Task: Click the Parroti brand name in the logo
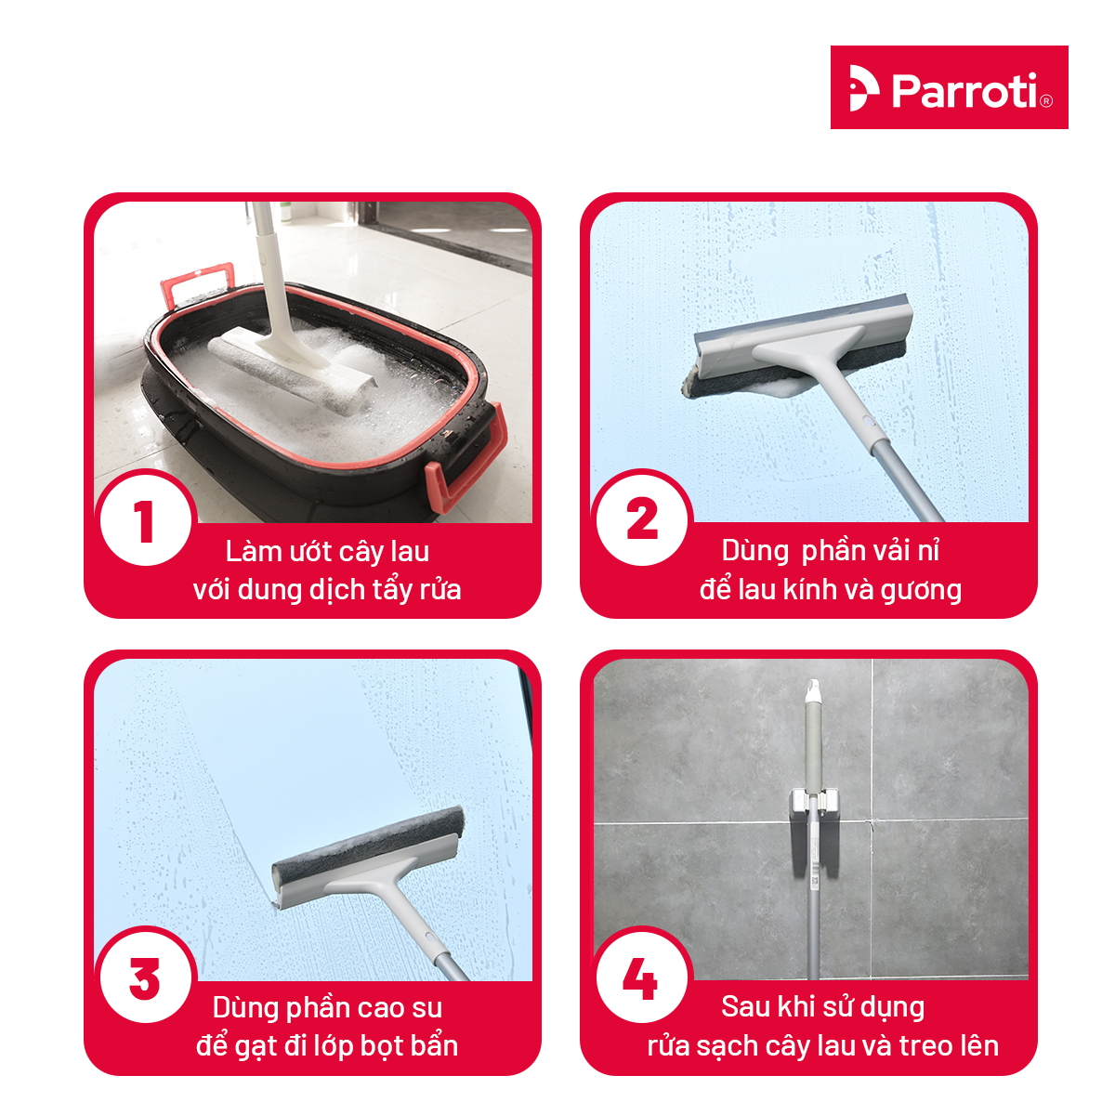964,90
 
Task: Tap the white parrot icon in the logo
863,87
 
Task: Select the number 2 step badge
642,518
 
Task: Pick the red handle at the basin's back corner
197,284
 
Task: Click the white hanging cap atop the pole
813,690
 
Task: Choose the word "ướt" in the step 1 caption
312,550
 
